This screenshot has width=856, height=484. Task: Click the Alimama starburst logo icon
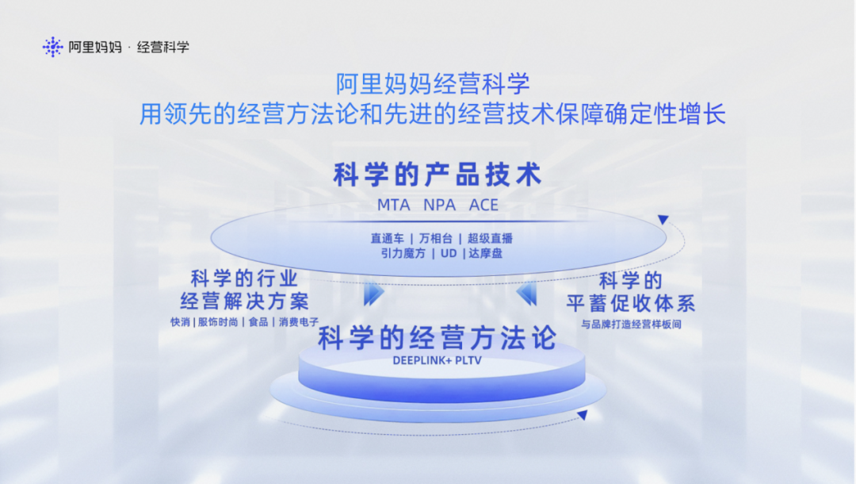pos(52,47)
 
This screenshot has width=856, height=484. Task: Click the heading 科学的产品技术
pos(438,175)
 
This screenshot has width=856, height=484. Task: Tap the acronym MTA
pos(394,205)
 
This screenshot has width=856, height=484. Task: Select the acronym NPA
pos(439,205)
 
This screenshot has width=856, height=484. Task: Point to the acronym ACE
pos(483,205)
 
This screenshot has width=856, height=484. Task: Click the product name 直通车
pos(387,238)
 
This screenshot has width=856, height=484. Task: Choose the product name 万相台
pos(436,238)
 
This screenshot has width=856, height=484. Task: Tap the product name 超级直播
pos(491,238)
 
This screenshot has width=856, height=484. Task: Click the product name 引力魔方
pos(403,253)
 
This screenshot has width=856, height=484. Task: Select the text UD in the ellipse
pos(449,253)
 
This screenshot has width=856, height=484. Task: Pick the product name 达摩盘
pos(485,253)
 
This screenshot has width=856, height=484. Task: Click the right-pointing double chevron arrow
pos(374,294)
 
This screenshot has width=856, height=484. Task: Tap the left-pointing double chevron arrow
pos(526,294)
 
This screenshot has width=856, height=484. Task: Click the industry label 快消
pos(180,322)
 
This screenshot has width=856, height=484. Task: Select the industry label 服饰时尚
pos(218,322)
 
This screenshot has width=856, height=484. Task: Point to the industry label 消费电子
pos(299,322)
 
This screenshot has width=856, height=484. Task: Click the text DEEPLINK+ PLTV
pos(438,360)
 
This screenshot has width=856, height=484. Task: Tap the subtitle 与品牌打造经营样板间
pos(631,325)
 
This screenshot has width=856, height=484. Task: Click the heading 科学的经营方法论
pos(438,337)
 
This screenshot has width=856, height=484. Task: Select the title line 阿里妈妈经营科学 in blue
pos(433,83)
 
